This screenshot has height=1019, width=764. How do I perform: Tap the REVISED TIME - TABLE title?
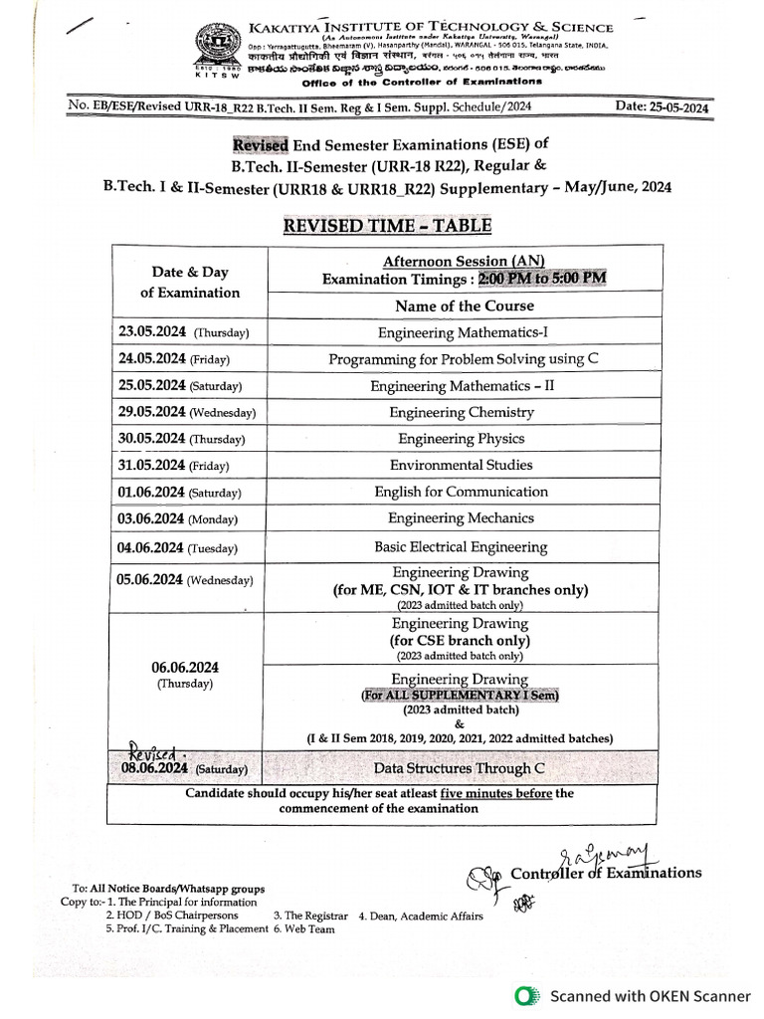[387, 225]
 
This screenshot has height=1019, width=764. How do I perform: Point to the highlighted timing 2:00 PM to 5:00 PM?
[542, 279]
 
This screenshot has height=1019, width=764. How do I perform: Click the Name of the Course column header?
[464, 306]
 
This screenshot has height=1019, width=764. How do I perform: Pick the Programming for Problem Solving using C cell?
[464, 359]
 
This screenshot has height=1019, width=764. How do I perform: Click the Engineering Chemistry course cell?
[462, 412]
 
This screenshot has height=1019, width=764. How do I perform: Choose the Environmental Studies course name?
[462, 465]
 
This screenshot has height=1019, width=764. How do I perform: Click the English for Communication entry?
[462, 492]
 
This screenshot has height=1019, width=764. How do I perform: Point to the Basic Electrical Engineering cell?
[461, 546]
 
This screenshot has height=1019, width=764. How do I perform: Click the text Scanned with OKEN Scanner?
[651, 995]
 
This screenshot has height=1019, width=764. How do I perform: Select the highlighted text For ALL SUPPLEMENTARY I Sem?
[460, 696]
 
